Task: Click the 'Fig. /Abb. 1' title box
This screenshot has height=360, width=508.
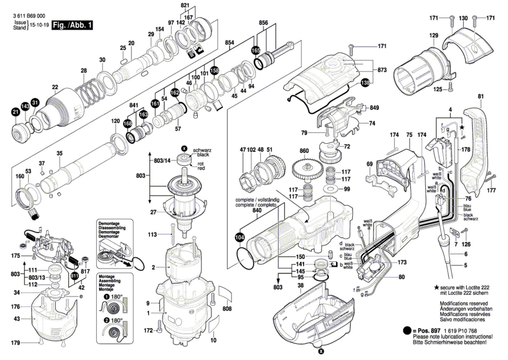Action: pyautogui.click(x=72, y=25)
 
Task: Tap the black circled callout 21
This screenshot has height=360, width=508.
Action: pyautogui.click(x=16, y=112)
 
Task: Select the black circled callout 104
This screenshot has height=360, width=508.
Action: pyautogui.click(x=240, y=237)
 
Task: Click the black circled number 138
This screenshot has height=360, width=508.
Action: pyautogui.click(x=365, y=83)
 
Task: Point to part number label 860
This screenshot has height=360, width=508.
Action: pyautogui.click(x=304, y=151)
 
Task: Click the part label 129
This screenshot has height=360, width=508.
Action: pyautogui.click(x=434, y=35)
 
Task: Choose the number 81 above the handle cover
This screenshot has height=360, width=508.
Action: pyautogui.click(x=481, y=97)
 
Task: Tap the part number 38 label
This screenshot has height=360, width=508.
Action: pyautogui.click(x=300, y=285)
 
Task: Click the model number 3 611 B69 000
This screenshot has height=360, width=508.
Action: pyautogui.click(x=29, y=16)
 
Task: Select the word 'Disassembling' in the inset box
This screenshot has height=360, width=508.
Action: pyautogui.click(x=112, y=228)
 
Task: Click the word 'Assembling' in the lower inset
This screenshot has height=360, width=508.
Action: pyautogui.click(x=110, y=281)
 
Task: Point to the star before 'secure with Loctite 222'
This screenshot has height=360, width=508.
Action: pyautogui.click(x=436, y=288)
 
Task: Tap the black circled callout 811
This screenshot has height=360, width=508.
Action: pyautogui.click(x=74, y=276)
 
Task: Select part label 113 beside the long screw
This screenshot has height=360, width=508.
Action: pyautogui.click(x=152, y=234)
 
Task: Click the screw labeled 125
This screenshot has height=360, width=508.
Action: pyautogui.click(x=451, y=87)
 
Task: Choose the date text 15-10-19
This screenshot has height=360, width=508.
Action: pyautogui.click(x=39, y=25)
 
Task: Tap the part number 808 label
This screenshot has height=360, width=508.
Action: pyautogui.click(x=227, y=309)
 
